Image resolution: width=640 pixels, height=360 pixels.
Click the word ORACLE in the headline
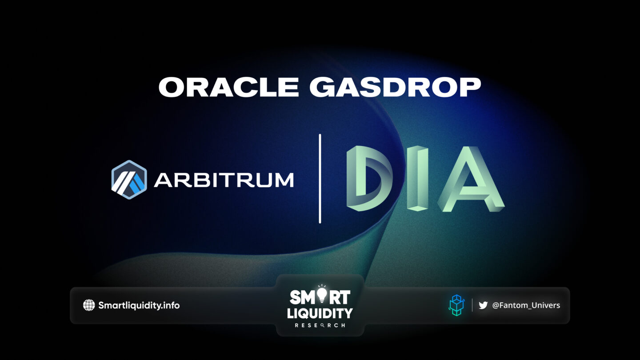pos(229,87)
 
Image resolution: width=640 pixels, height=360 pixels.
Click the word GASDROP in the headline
pos(395,87)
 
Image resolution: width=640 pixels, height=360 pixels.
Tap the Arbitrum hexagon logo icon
pos(129,180)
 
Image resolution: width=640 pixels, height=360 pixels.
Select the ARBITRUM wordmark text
pos(224,180)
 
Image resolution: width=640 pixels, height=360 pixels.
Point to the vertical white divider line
pos(320,179)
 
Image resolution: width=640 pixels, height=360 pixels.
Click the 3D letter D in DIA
pos(369,178)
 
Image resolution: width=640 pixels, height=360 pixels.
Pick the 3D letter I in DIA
pos(417,178)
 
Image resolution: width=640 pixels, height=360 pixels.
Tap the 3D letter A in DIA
pos(471,179)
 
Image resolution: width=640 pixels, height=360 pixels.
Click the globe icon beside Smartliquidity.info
pos(89,305)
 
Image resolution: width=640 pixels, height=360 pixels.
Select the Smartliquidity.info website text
pos(139,305)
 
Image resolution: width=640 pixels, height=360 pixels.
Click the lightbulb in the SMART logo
pos(322,294)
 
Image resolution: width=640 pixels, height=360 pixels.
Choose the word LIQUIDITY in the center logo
pos(320,313)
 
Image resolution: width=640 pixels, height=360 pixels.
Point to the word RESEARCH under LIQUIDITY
pos(320,325)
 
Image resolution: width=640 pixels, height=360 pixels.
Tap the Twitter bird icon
pos(483,305)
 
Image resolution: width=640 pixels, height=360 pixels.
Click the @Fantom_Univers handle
pos(526,305)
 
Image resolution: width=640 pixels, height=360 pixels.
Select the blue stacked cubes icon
pos(456,305)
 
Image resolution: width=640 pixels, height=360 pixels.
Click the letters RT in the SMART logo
pos(340,297)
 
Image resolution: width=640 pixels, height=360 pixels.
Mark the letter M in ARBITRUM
pos(284,180)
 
